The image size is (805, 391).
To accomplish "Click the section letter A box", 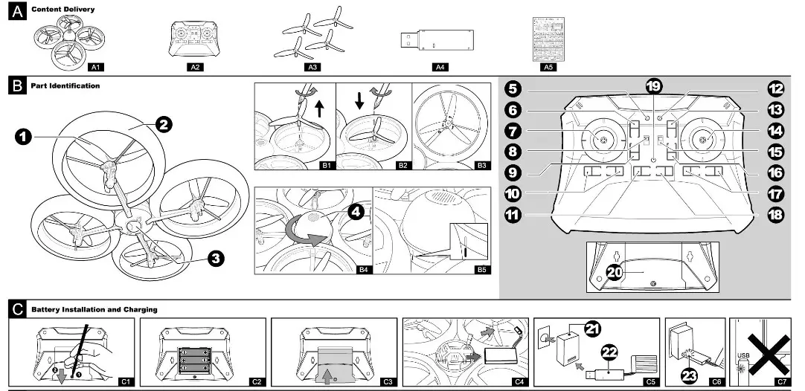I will pos(16,10).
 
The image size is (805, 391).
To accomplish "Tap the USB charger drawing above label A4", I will pos(440,39).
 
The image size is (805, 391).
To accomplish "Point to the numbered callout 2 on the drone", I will pos(164,125).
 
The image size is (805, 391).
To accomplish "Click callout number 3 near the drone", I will pos(215,258).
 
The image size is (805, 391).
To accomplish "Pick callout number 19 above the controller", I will pos(654,86).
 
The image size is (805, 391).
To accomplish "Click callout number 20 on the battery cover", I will pos(615,272).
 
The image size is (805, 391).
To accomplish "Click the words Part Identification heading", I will pos(65,86).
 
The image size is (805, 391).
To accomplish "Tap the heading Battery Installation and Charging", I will pos(94,309).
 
